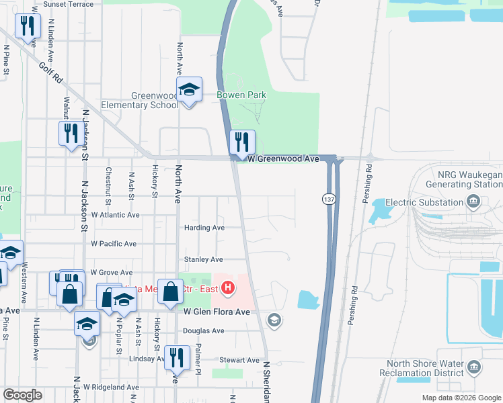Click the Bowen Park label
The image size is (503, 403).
241,95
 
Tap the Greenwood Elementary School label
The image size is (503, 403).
140,100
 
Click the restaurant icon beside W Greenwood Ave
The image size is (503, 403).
242,142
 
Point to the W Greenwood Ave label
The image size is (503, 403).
283,159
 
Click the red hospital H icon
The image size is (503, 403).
228,289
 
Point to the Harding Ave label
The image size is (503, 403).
204,228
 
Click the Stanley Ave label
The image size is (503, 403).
203,259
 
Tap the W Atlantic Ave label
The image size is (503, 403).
115,215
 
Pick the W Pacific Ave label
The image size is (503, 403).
114,244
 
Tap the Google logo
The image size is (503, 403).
23,395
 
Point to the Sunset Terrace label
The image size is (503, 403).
68,4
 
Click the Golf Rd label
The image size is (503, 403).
51,73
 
